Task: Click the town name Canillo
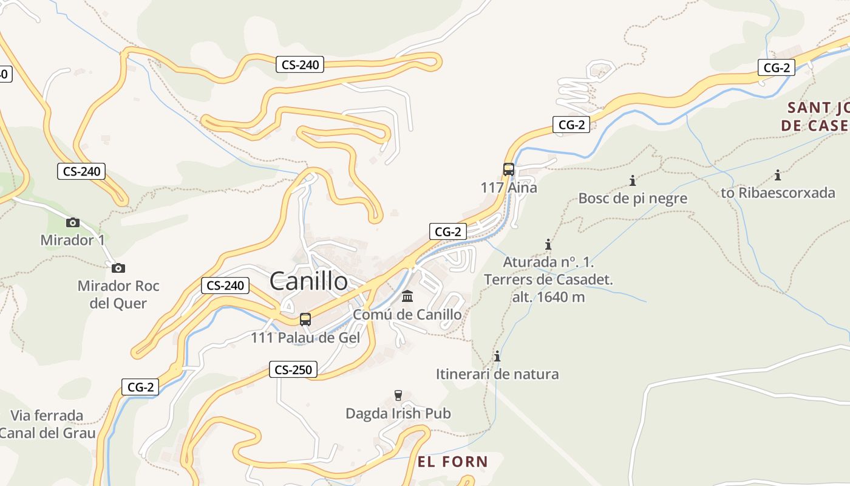point(308,281)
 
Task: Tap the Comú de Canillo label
point(407,315)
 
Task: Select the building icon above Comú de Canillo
point(407,297)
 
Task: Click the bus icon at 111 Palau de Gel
point(305,320)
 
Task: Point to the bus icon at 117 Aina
point(509,169)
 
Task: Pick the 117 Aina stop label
point(509,188)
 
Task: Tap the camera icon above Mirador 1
point(73,222)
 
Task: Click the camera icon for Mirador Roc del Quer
point(118,268)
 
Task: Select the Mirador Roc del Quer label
point(118,294)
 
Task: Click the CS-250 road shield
point(293,369)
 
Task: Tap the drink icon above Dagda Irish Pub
point(398,395)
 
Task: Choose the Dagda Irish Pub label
point(398,414)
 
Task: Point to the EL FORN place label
point(453,462)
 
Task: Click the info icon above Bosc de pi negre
point(633,180)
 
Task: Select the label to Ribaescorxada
point(778,193)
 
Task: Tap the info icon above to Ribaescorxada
point(778,176)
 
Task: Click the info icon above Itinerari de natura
point(497,356)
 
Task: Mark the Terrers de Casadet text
point(548,280)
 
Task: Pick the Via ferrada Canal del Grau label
point(47,424)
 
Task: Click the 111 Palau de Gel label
point(305,338)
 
